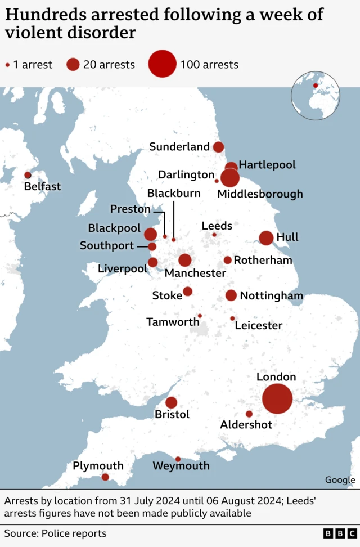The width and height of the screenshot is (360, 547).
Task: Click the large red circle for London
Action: point(277,399)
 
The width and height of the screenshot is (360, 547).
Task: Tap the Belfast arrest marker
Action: point(28,175)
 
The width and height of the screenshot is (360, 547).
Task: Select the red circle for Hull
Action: point(266,238)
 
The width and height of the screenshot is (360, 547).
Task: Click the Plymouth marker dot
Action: point(105,477)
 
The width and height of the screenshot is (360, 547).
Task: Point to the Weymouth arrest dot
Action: point(178,459)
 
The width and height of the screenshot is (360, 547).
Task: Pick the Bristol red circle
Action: point(172,403)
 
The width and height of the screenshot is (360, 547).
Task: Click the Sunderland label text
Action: point(179,147)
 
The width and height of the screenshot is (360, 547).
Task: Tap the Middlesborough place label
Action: point(260,194)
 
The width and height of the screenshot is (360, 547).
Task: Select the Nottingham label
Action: point(271,296)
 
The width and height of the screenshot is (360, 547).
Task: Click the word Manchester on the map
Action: point(195,273)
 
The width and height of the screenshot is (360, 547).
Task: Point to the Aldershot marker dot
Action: point(249,414)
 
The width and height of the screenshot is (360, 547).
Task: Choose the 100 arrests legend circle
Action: point(163,64)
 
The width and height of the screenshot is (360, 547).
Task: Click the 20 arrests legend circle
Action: point(73,64)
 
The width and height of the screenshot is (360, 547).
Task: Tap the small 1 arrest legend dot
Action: point(7,65)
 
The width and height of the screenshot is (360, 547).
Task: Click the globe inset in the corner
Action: point(315,96)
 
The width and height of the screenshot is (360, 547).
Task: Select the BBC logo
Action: point(340,533)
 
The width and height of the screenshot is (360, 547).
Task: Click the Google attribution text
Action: point(340,480)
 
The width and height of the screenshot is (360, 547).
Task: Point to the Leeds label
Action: point(217,226)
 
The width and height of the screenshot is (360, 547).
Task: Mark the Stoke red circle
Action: point(188,292)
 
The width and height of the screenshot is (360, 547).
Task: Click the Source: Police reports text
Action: point(55,533)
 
